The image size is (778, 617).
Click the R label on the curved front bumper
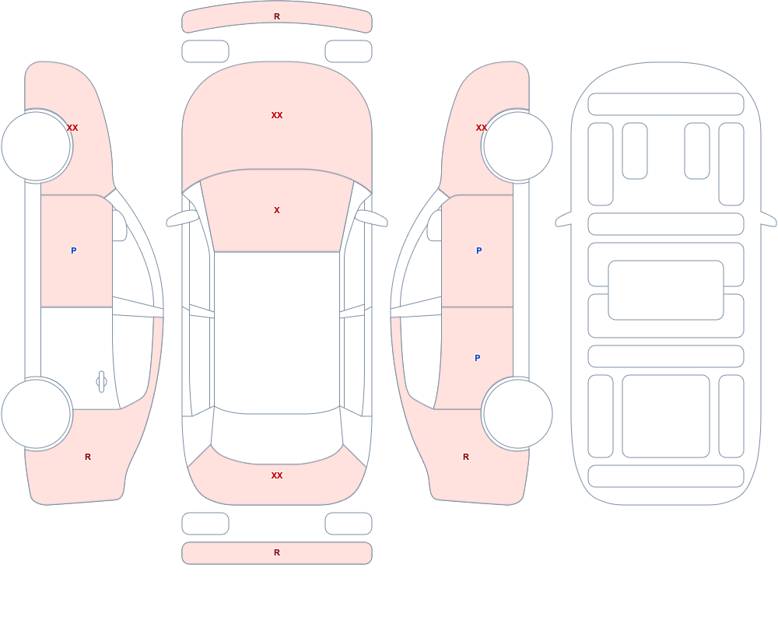coord(277,16)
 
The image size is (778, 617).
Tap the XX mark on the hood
coord(277,115)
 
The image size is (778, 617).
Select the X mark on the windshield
coord(277,211)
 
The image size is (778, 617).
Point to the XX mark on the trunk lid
coord(277,475)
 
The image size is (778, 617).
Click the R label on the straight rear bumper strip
coord(277,552)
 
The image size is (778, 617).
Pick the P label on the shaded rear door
coord(478,358)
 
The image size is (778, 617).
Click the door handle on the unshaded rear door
coord(101,382)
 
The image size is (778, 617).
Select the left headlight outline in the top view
coord(205,51)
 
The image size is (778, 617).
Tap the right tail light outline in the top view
coord(349,523)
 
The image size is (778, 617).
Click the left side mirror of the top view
coord(181,218)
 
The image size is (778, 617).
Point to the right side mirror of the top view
coord(371,218)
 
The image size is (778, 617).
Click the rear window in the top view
coord(277,436)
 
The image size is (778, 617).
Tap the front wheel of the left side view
coord(36,146)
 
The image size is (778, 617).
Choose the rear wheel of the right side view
coord(517,413)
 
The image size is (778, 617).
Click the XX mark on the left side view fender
coord(72,128)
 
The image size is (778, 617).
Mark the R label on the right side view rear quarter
coord(466,457)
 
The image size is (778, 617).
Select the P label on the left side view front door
coord(73,251)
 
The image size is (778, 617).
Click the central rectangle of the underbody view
coord(666,290)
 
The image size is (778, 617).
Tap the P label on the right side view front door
coord(478,251)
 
